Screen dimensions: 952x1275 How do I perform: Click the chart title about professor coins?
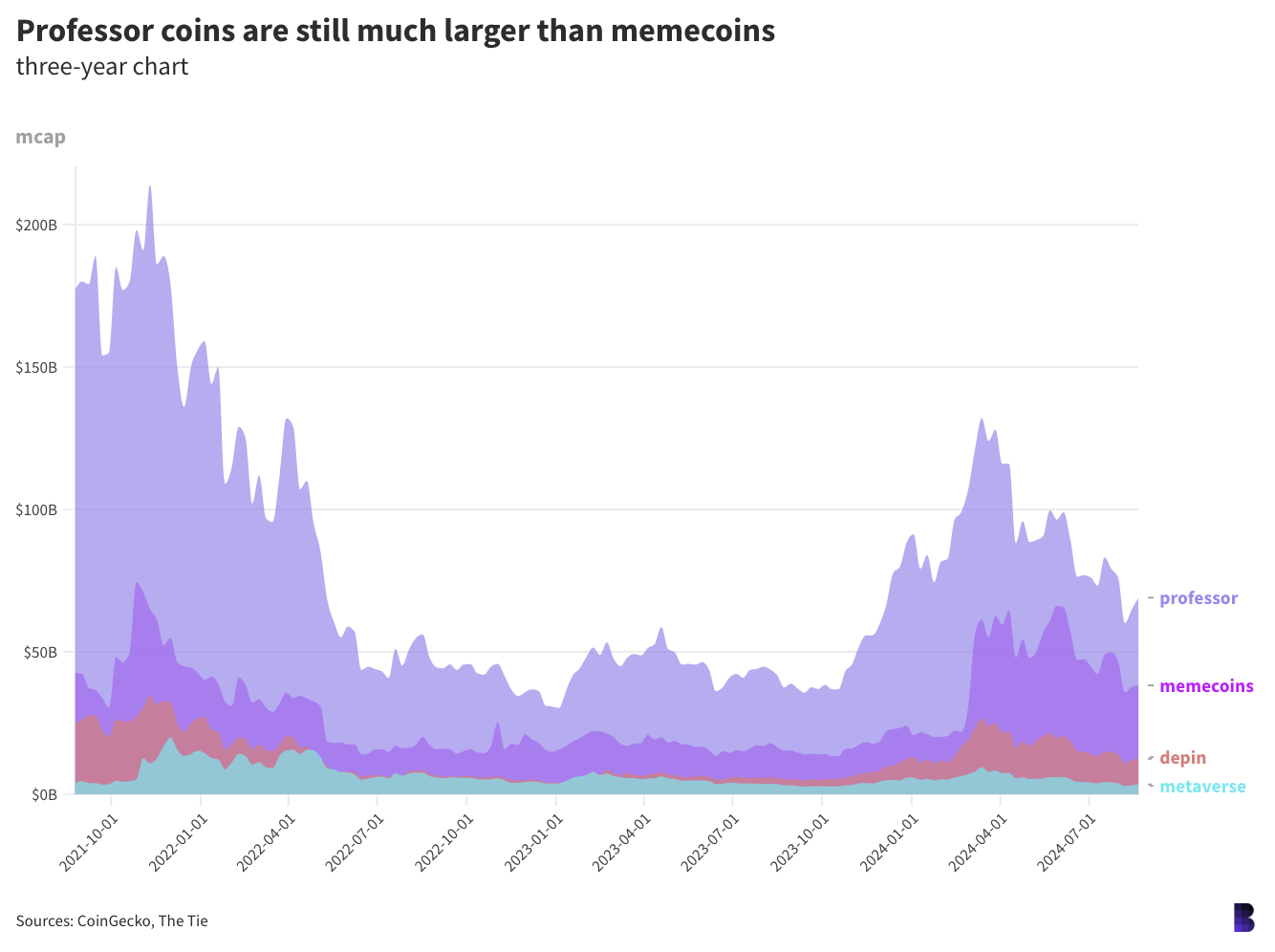pos(396,31)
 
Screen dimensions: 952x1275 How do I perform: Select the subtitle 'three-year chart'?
pos(102,67)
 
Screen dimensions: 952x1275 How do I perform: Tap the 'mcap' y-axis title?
pos(41,137)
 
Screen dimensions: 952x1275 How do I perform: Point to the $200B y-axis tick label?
pos(36,226)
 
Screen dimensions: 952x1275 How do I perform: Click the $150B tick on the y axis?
pos(36,368)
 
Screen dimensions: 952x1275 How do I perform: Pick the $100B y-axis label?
pos(36,510)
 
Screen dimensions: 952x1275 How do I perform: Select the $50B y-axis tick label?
pos(40,653)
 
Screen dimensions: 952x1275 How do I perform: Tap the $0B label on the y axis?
pos(44,794)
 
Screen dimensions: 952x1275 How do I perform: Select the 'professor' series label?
pos(1199,598)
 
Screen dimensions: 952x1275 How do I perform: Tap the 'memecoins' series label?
pos(1206,686)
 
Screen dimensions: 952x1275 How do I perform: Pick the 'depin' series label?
pos(1183,758)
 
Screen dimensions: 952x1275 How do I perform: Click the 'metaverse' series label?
pos(1202,787)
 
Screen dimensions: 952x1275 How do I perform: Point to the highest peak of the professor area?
pos(150,186)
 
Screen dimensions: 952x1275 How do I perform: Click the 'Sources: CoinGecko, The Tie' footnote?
pos(112,921)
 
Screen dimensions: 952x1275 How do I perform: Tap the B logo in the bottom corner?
pos(1243,918)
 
